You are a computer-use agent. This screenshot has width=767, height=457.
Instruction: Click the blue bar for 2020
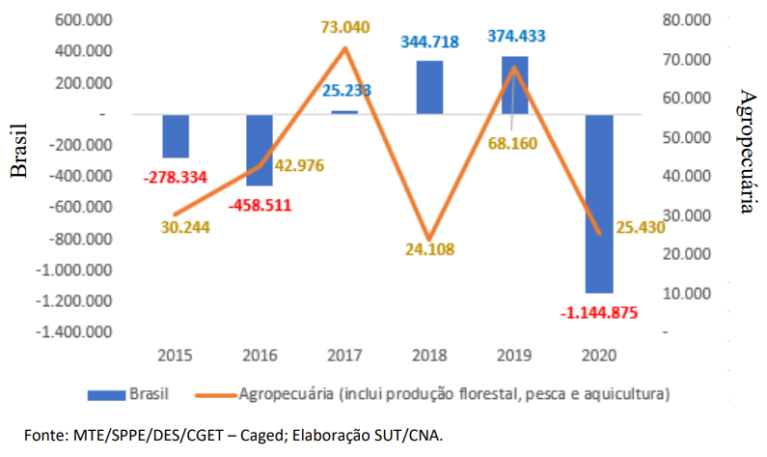[x=598, y=203]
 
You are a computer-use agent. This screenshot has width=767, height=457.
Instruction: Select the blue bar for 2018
[x=430, y=87]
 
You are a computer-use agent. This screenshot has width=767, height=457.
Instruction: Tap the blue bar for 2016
[x=260, y=150]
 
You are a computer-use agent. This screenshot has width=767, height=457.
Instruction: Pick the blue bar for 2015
[x=176, y=135]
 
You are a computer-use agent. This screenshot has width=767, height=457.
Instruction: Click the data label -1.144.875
[x=599, y=312]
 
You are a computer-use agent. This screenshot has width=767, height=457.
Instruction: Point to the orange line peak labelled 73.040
[x=345, y=47]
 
